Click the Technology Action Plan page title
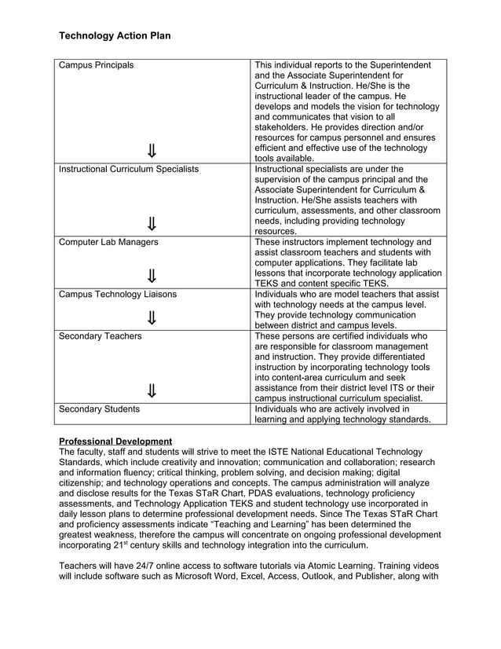[115, 36]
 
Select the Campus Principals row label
[97, 64]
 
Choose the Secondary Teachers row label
[101, 336]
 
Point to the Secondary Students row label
[100, 409]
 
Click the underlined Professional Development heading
[115, 441]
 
